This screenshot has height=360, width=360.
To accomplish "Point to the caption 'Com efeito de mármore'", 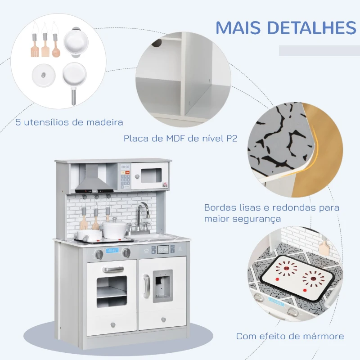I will [290, 336].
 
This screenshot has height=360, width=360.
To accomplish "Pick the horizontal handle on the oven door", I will [112, 269].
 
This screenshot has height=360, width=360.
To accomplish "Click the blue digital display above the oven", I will [112, 251].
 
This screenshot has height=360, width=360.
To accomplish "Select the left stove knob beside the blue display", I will [99, 254].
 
